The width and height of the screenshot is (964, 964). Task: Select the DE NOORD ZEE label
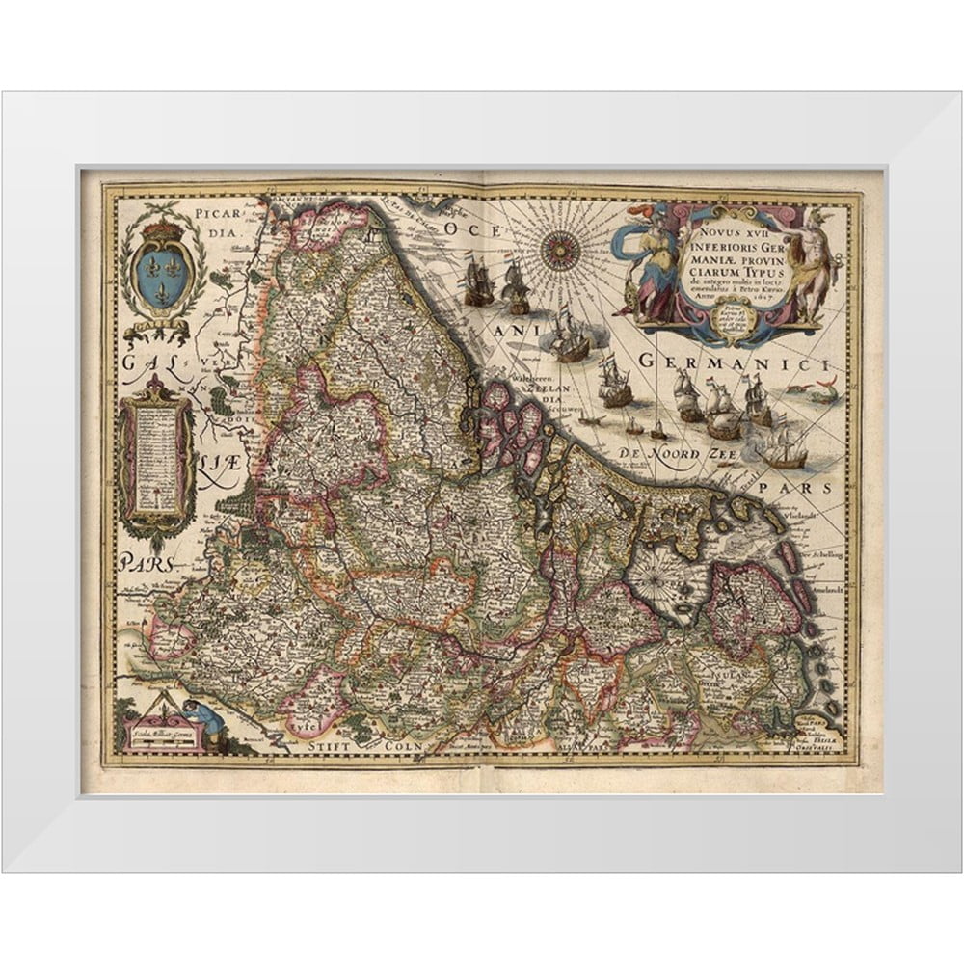[x=673, y=452]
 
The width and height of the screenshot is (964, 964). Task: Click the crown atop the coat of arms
[x=162, y=229]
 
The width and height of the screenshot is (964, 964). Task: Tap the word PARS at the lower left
[x=146, y=562]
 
